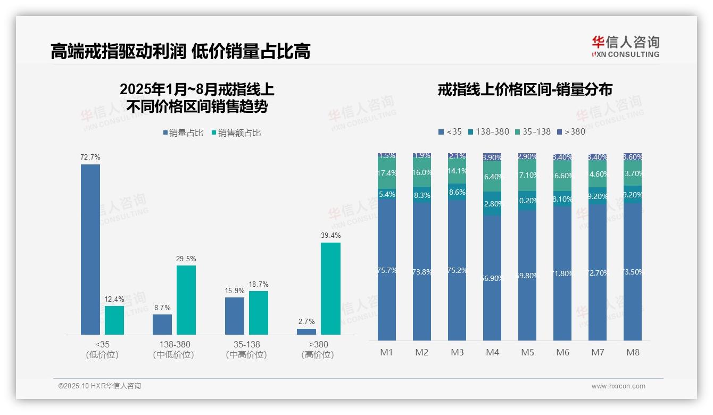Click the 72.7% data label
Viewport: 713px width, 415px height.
tap(90, 157)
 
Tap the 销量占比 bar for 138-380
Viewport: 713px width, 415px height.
tap(162, 325)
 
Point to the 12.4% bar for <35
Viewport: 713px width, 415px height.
tap(114, 320)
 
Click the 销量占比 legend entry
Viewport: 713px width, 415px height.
tap(184, 133)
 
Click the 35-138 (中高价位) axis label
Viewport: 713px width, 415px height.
tap(246, 349)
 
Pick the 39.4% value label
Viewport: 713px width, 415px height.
tap(330, 235)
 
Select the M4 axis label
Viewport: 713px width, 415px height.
tap(493, 352)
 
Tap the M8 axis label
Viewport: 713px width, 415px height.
tap(633, 352)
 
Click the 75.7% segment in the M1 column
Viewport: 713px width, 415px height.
tap(387, 270)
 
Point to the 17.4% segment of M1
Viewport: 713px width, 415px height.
tap(387, 173)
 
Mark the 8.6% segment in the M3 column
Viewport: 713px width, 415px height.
tap(457, 193)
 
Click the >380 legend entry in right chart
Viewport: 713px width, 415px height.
tap(571, 132)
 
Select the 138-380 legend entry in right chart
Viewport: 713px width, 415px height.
tap(488, 132)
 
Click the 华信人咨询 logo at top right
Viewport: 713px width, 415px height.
tap(625, 46)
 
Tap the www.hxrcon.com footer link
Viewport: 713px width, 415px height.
tap(618, 386)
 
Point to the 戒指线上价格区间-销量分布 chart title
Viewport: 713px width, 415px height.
tap(525, 89)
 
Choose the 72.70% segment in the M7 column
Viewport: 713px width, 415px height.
tap(598, 272)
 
